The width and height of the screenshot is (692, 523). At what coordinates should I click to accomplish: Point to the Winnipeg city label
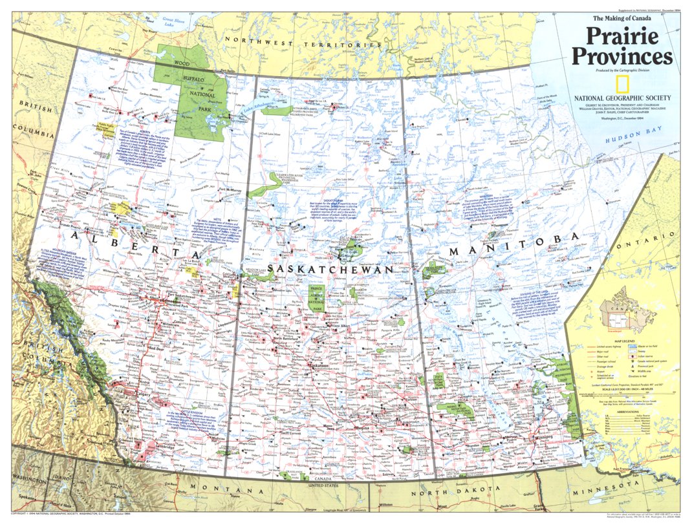click(542, 436)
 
